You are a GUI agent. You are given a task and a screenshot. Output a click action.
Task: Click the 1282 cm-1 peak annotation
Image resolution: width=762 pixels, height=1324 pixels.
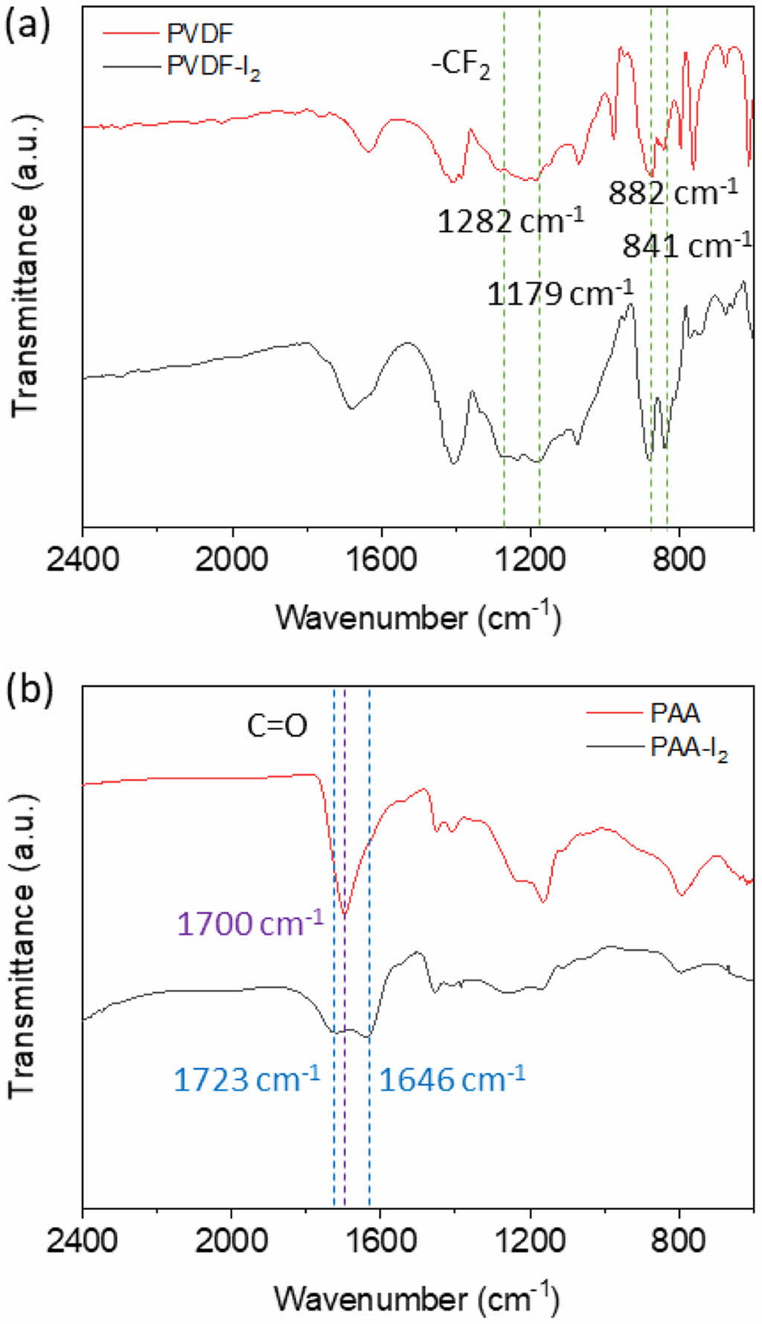click(x=510, y=220)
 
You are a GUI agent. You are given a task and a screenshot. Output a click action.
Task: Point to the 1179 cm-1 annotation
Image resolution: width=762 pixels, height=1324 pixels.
click(x=560, y=292)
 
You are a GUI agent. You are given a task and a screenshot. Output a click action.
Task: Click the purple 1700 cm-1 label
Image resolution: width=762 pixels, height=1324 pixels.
click(x=251, y=924)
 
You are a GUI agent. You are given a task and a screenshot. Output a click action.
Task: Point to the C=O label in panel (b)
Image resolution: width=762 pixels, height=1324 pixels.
click(x=277, y=726)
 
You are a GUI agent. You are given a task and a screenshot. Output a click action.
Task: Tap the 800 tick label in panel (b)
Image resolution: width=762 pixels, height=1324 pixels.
click(x=679, y=1241)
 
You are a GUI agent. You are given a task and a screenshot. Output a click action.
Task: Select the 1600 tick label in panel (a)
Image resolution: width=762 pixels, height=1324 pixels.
click(x=381, y=558)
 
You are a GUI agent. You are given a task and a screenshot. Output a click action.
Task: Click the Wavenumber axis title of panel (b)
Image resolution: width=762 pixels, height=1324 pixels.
click(x=417, y=1298)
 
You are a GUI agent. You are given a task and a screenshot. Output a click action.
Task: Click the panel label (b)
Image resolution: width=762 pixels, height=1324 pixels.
click(x=30, y=688)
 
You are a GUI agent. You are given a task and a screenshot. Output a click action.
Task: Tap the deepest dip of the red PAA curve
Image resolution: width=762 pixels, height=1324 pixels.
click(x=345, y=913)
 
